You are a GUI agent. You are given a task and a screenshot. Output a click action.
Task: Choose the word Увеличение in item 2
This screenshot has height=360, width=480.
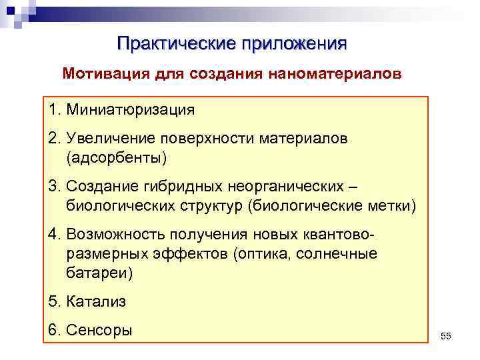tap(101, 139)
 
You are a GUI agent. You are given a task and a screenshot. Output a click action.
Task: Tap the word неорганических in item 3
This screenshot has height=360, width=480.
tap(286, 188)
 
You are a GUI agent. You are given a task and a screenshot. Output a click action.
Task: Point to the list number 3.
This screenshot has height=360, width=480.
tap(51, 188)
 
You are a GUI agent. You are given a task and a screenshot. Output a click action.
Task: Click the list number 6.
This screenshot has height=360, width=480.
tap(52, 331)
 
